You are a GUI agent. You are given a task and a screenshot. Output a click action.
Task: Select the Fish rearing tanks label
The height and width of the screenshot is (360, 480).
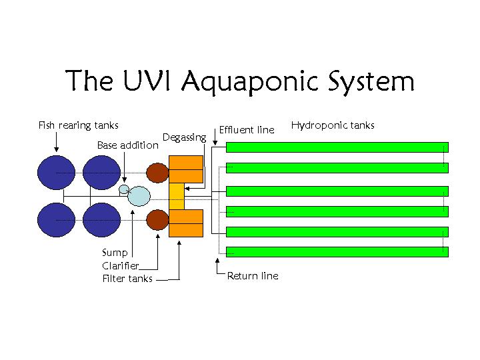tap(78, 125)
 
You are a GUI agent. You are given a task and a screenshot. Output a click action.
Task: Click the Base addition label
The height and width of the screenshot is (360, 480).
tap(128, 145)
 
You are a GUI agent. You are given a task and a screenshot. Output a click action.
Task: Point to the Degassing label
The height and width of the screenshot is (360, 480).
tap(184, 137)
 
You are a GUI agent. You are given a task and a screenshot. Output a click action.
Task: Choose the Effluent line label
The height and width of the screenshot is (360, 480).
tap(247, 130)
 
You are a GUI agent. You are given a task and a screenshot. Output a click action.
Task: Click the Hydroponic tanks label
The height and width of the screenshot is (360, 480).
tap(333, 125)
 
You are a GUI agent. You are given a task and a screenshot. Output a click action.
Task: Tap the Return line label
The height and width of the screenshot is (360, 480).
tap(253, 276)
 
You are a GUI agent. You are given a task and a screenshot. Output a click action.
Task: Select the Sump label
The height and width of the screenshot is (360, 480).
tap(115, 253)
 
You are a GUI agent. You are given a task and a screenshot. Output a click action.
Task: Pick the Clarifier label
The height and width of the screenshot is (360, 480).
tap(121, 265)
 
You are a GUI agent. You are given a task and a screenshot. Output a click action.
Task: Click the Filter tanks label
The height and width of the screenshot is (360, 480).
tap(127, 279)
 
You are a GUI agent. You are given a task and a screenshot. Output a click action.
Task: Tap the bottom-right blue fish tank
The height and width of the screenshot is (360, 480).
tap(102, 220)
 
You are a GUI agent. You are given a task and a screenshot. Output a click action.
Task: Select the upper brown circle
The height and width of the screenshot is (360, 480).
tap(157, 173)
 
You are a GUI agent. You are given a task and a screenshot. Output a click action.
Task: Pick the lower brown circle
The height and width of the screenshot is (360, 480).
tap(157, 219)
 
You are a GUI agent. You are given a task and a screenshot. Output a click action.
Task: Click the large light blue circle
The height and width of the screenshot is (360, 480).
tap(139, 196)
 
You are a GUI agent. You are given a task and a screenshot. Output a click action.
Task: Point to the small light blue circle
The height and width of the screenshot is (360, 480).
tap(123, 189)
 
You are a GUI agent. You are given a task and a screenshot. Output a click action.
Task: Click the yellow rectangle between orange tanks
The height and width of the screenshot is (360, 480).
tap(177, 195)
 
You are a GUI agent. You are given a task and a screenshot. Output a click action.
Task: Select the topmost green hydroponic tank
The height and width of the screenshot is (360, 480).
tap(337, 147)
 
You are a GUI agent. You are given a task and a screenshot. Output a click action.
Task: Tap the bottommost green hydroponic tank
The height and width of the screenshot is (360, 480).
tap(337, 252)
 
